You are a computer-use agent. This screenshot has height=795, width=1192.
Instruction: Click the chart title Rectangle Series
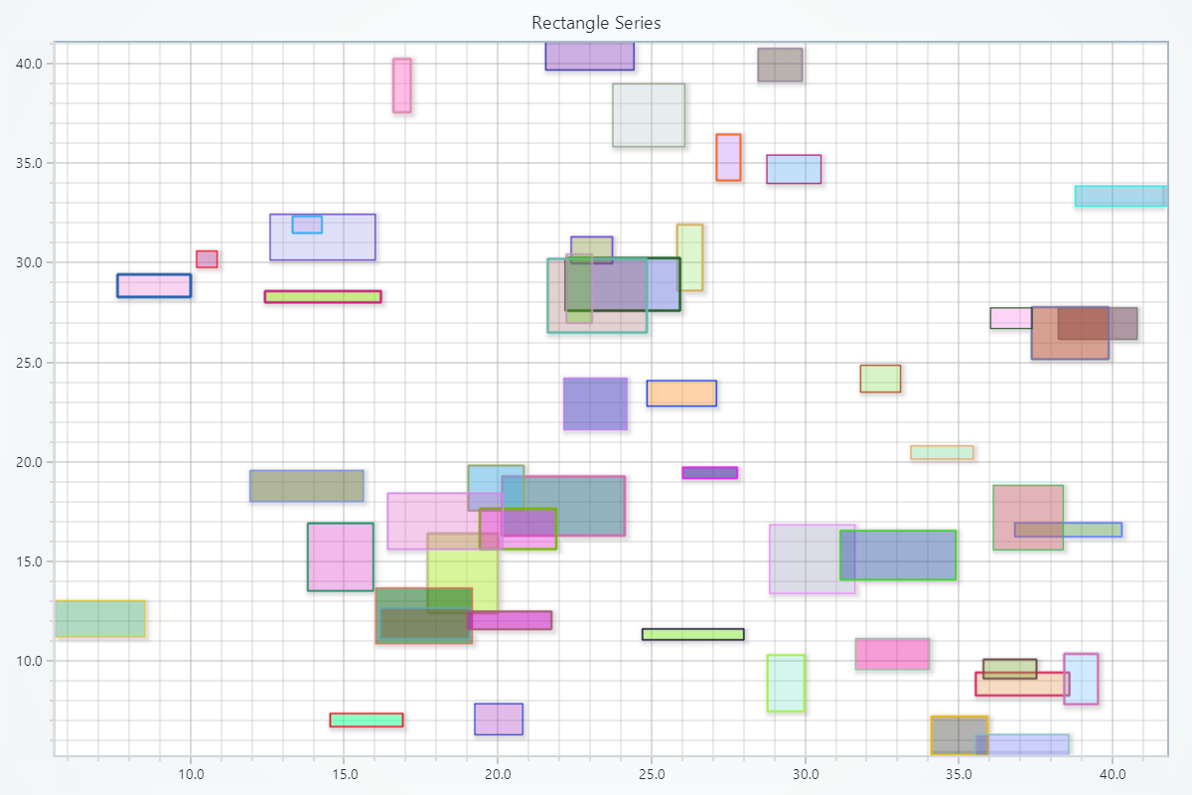[x=596, y=23]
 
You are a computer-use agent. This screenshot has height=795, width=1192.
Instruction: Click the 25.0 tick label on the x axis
[x=651, y=775]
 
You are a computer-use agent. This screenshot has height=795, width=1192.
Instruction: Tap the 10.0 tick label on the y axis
[x=29, y=661]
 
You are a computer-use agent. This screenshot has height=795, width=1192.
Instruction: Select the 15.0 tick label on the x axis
[x=344, y=775]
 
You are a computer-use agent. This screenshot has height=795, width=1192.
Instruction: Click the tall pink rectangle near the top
[x=401, y=85]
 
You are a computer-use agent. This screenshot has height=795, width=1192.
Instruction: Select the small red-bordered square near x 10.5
[x=207, y=259]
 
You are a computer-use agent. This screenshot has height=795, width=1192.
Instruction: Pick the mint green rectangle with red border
[x=367, y=720]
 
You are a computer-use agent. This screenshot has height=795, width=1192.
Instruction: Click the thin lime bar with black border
[x=692, y=634]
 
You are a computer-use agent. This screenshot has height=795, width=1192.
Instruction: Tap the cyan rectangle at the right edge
[x=1119, y=196]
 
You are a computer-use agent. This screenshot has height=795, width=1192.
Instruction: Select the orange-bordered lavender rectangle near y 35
[x=728, y=157]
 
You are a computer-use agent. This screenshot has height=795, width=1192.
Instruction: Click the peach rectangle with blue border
[x=681, y=394]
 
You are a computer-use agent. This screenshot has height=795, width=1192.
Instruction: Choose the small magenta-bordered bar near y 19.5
[x=709, y=473]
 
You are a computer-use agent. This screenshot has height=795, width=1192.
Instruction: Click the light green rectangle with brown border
[x=880, y=379]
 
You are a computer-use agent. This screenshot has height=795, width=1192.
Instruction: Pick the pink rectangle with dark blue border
[x=154, y=285]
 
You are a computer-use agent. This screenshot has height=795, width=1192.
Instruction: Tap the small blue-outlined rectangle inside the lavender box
[x=307, y=225]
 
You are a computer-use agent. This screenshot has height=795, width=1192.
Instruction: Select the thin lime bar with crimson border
[x=323, y=296]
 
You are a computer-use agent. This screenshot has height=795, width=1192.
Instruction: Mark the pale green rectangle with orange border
[x=942, y=453]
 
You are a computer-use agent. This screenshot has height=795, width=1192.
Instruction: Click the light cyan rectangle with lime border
[x=786, y=683]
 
